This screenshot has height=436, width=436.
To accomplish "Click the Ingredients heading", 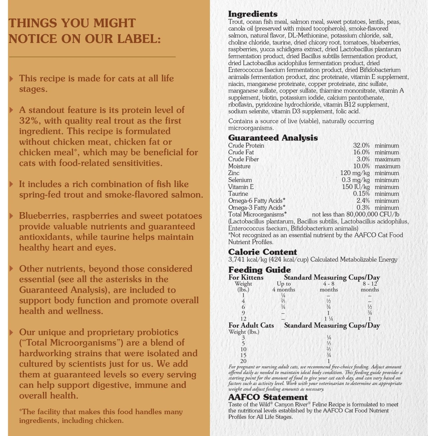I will point(253,14).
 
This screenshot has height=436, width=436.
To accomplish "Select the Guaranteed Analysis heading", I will point(273,137).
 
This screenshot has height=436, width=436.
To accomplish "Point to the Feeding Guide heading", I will point(259,270).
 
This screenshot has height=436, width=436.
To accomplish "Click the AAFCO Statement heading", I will point(268,397).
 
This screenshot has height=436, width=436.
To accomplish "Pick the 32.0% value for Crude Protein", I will point(361,145).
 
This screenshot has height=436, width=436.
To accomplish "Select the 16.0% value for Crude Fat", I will point(361,152).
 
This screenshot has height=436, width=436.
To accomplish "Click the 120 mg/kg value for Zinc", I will point(355,173).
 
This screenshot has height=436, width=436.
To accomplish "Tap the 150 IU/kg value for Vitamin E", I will point(356,187).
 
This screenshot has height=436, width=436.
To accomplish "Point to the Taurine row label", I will point(238,194).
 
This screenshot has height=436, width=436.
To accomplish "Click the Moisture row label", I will point(239,166).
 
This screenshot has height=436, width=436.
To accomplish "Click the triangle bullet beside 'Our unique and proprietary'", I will point(11,332).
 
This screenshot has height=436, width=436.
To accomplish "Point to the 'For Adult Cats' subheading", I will point(251,326).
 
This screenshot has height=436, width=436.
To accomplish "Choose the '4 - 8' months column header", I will point(329,284).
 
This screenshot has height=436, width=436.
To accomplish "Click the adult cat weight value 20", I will point(243,361).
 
